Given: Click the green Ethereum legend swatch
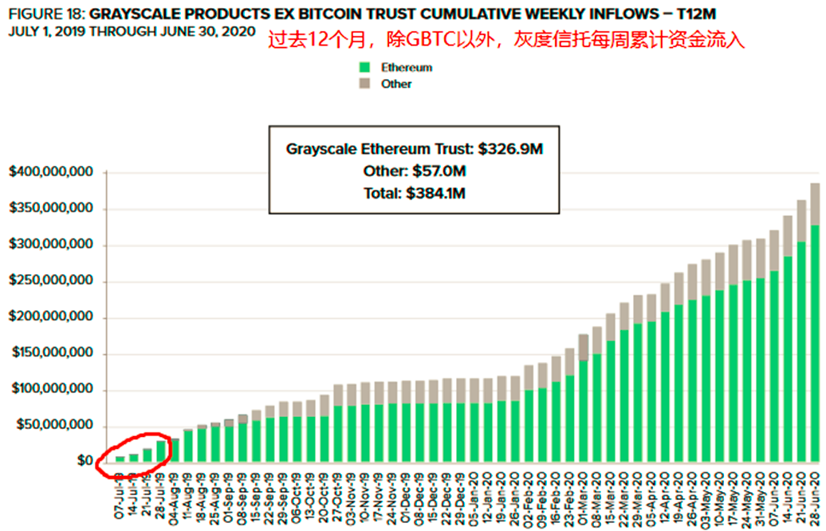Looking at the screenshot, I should (x=365, y=68).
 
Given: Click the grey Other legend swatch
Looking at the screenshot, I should (x=365, y=83).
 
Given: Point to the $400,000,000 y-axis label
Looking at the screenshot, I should (x=52, y=172).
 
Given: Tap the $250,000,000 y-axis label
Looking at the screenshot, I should (x=52, y=281).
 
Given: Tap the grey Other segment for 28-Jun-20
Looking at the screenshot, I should (x=815, y=204).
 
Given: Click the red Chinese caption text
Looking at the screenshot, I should (x=505, y=40).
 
